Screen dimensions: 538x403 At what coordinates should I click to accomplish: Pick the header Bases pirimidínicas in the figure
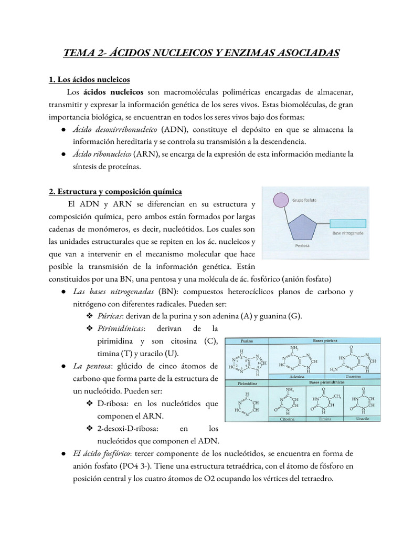329,383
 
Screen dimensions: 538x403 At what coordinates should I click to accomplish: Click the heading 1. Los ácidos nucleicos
89,79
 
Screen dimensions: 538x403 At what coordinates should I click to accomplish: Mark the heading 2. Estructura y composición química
115,191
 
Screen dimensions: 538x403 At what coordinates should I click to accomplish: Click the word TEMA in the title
78,53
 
